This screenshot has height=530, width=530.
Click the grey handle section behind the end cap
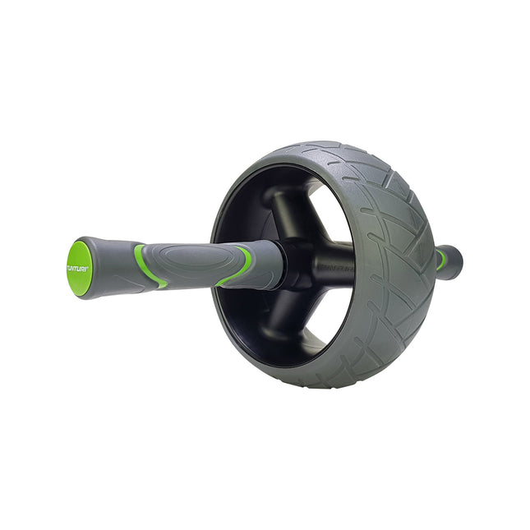point(111,267)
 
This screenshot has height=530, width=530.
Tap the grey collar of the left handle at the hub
point(270,264)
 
